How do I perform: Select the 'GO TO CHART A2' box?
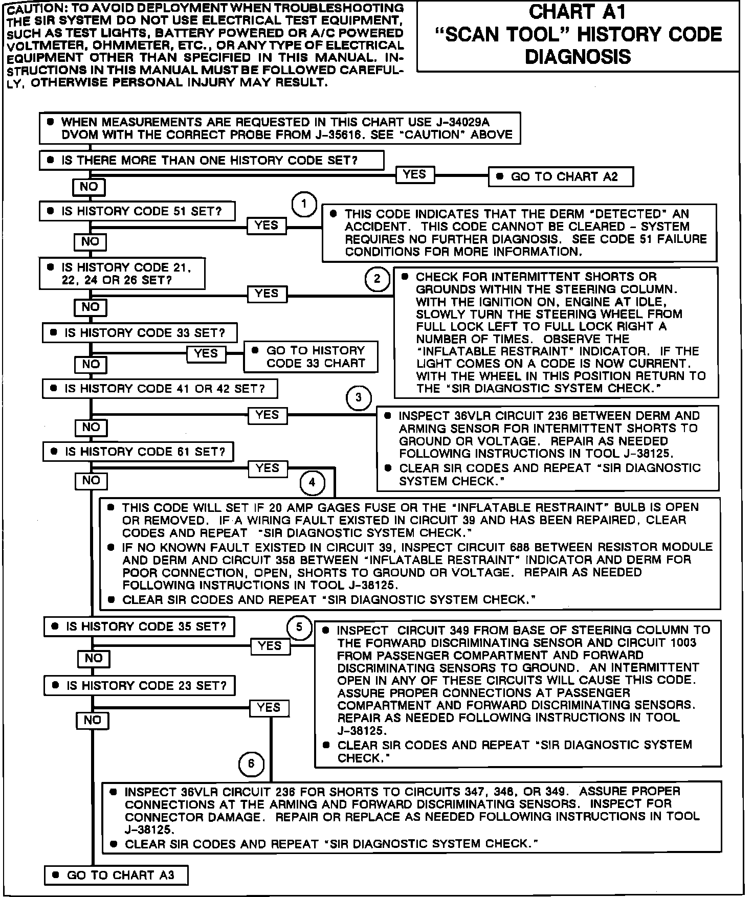[561, 177]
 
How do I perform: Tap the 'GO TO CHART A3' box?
[116, 875]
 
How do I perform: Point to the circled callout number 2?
[378, 279]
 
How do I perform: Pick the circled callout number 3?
[359, 397]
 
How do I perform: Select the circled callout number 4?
[312, 482]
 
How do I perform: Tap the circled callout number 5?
[299, 627]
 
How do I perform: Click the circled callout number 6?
[251, 764]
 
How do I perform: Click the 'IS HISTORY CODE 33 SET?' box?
[140, 333]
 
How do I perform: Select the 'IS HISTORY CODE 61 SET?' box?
[139, 452]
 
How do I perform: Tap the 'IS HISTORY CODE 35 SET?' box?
[140, 626]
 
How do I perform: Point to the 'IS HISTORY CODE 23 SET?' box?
[140, 686]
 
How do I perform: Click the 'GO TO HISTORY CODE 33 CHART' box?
[311, 357]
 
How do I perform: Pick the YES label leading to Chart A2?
[414, 174]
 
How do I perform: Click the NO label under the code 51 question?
[90, 241]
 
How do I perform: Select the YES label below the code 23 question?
[269, 708]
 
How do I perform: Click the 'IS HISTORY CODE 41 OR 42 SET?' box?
[160, 389]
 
